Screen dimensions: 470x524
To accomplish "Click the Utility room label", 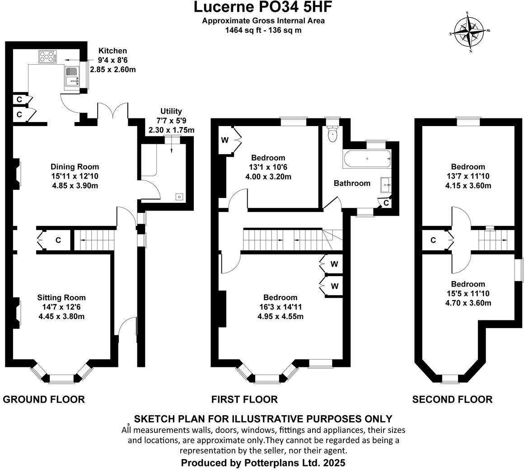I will (x=171, y=111).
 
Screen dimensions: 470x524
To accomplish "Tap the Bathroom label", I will (x=352, y=183).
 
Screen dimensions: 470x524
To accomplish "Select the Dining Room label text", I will (x=75, y=167).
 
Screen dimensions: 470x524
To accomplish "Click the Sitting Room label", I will (x=61, y=297).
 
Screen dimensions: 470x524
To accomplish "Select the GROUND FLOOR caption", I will (x=44, y=399).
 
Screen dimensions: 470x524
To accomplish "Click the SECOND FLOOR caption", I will (x=452, y=399).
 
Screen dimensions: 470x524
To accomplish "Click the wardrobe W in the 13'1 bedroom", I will (x=225, y=140).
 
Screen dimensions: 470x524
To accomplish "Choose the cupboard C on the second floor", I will (x=433, y=240).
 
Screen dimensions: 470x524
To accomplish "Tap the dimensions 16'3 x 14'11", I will (x=281, y=307).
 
